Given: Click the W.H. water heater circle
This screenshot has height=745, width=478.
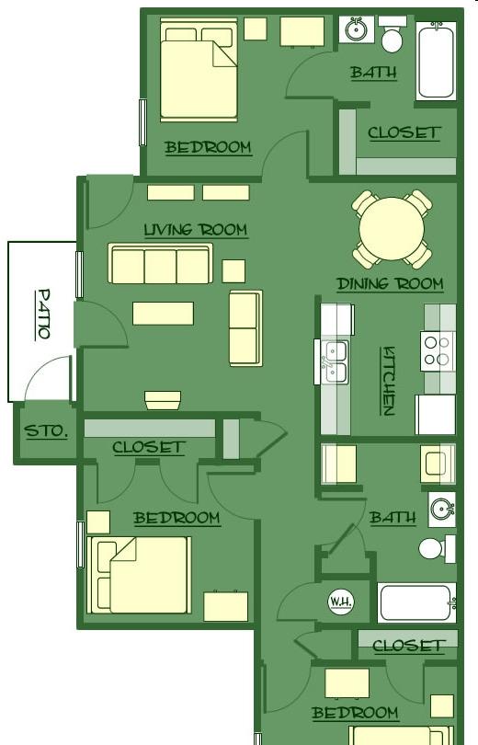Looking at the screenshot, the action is (x=340, y=601).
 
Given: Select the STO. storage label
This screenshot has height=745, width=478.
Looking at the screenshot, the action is (x=46, y=431).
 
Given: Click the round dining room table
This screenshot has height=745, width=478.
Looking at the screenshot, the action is (x=392, y=229).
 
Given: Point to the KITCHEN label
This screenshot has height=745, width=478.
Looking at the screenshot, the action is (x=388, y=381).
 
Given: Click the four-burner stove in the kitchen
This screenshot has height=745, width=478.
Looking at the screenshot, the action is (x=438, y=351).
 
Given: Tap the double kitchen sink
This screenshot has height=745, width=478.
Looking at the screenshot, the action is (x=336, y=362).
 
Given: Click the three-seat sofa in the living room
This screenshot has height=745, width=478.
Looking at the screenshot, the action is (x=161, y=264).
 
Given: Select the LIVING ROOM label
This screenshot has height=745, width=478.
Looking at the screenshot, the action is (x=196, y=230).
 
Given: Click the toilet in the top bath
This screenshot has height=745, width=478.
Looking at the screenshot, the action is (x=393, y=35).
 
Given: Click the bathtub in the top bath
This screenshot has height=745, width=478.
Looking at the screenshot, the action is (x=437, y=61).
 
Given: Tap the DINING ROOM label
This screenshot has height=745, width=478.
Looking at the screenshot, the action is (x=390, y=284).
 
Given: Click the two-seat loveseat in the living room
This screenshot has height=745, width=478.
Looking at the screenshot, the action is (x=245, y=328).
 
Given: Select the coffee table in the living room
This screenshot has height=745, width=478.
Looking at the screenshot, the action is (x=163, y=314).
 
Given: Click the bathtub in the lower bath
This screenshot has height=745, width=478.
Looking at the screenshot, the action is (x=416, y=603).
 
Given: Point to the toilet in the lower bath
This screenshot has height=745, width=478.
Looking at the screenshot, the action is (x=437, y=549).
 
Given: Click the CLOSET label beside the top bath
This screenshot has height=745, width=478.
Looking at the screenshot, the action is (x=404, y=132).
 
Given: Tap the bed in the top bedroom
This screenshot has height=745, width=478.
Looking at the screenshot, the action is (x=199, y=70).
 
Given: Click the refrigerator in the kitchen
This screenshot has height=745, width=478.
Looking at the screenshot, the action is (x=436, y=415).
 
